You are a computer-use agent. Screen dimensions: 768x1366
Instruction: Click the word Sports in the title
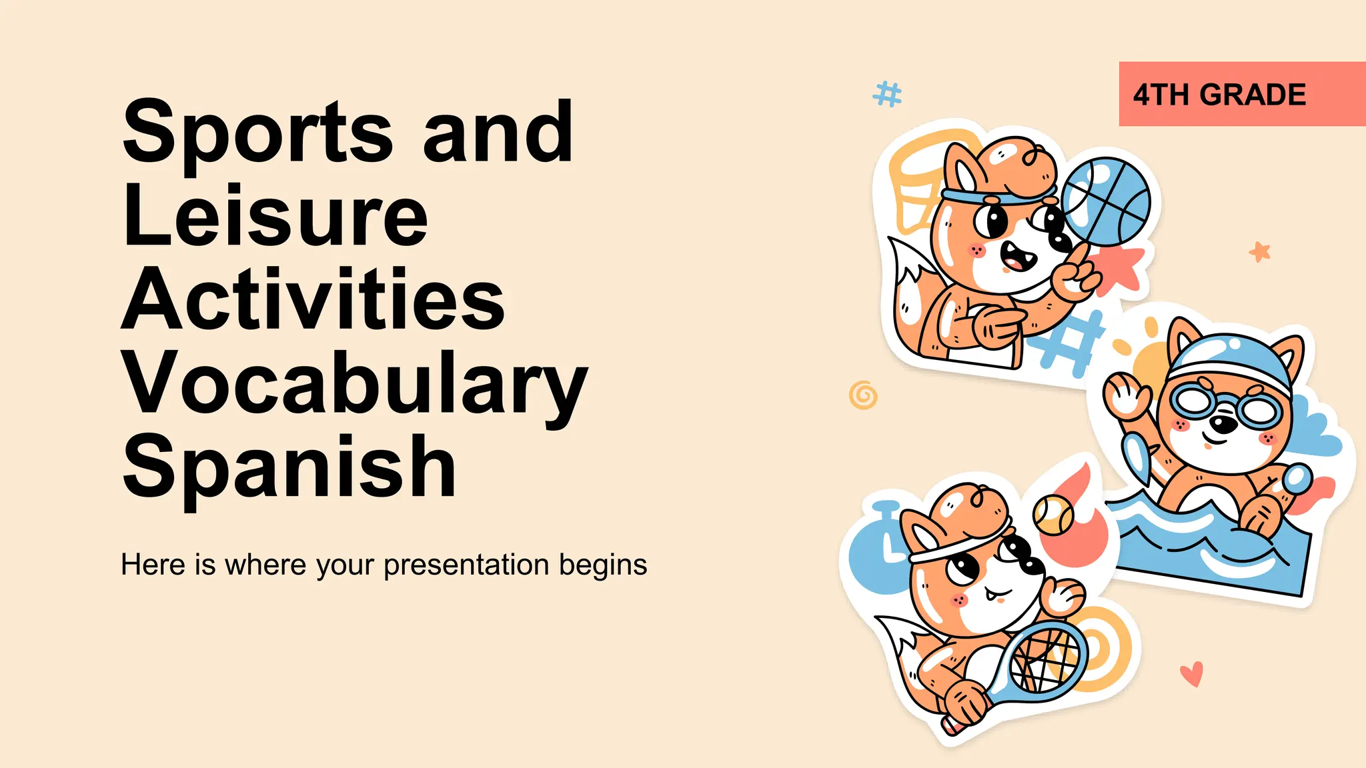pyautogui.click(x=257, y=132)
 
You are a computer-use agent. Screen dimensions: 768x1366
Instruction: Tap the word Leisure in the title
pyautogui.click(x=275, y=216)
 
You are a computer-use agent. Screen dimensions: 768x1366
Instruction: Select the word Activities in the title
pyautogui.click(x=312, y=299)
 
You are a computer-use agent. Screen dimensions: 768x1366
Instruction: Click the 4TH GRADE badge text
pyautogui.click(x=1219, y=95)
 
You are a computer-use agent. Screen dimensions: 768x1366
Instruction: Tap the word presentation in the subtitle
pyautogui.click(x=467, y=565)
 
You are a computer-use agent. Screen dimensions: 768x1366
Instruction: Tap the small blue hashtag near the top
pyautogui.click(x=888, y=94)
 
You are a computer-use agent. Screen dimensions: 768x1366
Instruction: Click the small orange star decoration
pyautogui.click(x=1259, y=251)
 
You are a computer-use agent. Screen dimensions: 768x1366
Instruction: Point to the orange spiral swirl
pyautogui.click(x=863, y=395)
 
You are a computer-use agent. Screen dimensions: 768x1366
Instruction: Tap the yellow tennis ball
pyautogui.click(x=1053, y=515)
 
